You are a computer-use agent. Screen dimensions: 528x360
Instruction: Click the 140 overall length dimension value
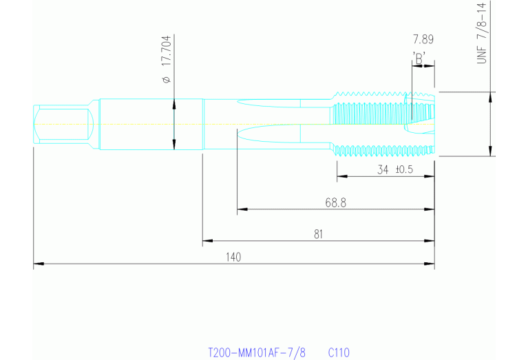click(233, 257)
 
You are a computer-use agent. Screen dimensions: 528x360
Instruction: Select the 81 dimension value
click(318, 234)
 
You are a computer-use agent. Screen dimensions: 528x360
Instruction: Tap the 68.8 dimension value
click(335, 203)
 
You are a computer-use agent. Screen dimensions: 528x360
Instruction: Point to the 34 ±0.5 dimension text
click(395, 169)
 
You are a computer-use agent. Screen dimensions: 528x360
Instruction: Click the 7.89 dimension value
click(423, 39)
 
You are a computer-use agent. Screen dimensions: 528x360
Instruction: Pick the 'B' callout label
click(419, 59)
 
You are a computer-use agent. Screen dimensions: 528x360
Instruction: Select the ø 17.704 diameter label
click(167, 59)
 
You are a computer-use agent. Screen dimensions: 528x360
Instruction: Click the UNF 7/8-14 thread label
click(482, 33)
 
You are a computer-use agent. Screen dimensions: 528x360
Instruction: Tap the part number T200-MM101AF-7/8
click(257, 353)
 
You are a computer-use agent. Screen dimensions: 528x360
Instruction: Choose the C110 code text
click(339, 353)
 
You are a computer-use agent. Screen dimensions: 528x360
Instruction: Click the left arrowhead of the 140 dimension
click(39, 264)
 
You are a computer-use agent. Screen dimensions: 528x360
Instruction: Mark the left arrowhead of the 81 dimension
click(207, 241)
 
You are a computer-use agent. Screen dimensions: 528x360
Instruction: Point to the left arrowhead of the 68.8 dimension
click(242, 209)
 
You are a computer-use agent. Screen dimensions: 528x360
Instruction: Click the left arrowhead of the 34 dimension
click(342, 176)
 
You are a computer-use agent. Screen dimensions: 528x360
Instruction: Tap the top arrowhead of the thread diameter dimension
click(490, 97)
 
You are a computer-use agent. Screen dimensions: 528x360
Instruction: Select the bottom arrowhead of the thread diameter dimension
click(490, 151)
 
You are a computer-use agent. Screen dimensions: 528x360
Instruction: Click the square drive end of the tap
click(63, 124)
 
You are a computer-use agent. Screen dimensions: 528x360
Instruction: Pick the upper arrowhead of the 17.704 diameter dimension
click(174, 105)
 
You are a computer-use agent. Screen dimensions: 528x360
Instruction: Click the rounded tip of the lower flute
click(238, 133)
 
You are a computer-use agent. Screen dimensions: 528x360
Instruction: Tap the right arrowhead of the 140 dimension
click(429, 264)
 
